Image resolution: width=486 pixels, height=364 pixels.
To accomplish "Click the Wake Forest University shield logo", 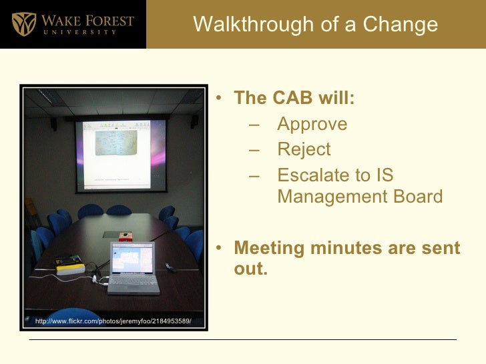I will tap(25, 24).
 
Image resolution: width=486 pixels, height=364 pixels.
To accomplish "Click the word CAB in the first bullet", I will tap(294, 99).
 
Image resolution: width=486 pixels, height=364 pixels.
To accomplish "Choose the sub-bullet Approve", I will tap(312, 125).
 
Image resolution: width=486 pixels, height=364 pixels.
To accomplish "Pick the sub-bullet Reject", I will tap(304, 150).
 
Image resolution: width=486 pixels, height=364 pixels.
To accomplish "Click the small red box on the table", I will tap(125, 236).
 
